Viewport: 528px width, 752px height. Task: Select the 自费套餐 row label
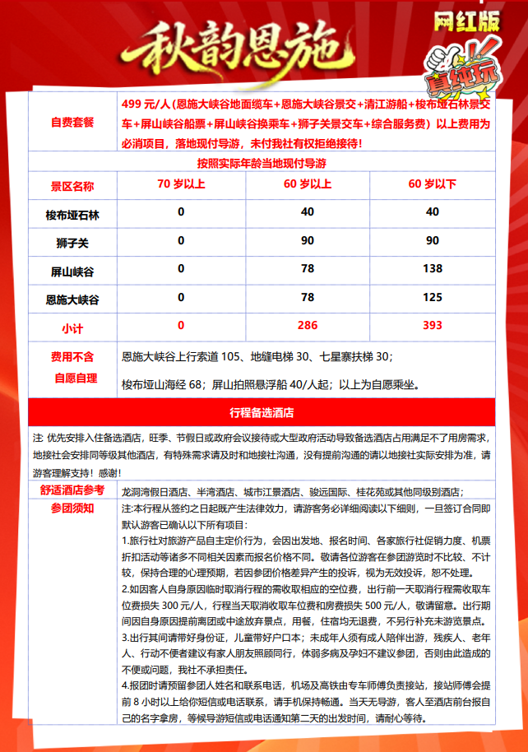72,122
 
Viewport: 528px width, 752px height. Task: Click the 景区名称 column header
72,185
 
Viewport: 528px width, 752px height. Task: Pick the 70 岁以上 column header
181,185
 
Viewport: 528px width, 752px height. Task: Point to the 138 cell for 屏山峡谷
432,270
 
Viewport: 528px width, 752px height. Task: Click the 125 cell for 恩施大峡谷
432,297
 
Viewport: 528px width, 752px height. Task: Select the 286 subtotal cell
307,326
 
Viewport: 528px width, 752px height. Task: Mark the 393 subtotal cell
432,326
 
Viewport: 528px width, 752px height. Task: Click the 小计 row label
72,327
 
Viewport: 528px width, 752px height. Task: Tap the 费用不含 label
72,358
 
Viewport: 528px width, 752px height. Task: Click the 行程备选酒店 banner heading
262,412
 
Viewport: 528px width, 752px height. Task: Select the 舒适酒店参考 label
72,490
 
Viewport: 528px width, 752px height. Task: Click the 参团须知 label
72,508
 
